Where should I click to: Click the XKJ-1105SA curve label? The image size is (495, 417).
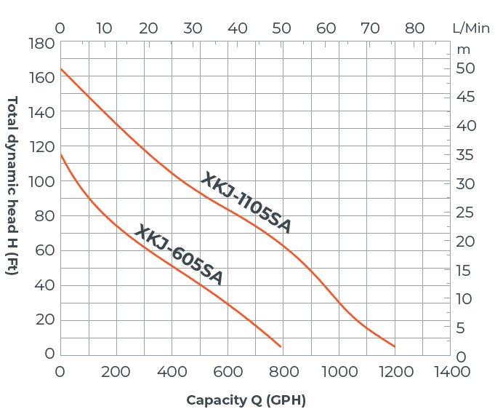tap(246, 203)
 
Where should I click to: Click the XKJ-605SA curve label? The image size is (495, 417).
tap(179, 254)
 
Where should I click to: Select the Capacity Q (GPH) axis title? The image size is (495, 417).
tap(246, 400)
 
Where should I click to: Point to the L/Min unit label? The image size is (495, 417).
tap(471, 28)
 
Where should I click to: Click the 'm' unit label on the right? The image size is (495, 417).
tap(464, 49)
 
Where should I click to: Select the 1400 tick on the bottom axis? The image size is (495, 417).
tap(451, 372)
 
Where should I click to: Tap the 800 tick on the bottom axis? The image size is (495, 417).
tap(283, 372)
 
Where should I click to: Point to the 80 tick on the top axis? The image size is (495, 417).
tap(415, 28)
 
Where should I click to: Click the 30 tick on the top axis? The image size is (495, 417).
tap(193, 28)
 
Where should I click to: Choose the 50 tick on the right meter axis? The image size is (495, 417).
tap(465, 68)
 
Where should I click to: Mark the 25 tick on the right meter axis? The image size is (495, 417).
tap(465, 213)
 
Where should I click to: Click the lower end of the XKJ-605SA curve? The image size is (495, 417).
tap(281, 346)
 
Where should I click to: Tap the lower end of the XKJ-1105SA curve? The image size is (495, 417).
tap(395, 346)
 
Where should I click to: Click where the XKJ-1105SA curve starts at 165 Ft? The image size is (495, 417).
tap(60, 69)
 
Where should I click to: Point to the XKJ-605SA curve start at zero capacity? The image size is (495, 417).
tap(60, 154)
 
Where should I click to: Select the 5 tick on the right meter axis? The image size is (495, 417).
tap(461, 328)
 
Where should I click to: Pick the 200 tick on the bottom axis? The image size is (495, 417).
tap(116, 372)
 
